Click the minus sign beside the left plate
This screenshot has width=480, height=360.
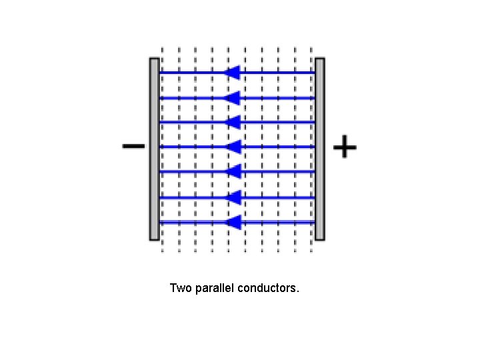point(133,146)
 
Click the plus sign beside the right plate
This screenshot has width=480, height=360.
point(344,146)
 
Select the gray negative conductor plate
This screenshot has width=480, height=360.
point(154,149)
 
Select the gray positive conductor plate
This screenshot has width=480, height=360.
point(320,149)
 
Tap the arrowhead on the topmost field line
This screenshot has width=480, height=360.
point(232,73)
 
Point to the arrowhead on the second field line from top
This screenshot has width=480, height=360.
point(232,98)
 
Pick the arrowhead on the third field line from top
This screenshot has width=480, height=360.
point(232,122)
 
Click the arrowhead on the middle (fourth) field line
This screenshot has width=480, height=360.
point(232,147)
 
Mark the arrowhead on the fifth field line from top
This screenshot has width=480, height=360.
point(232,171)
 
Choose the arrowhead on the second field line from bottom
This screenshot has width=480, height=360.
point(232,197)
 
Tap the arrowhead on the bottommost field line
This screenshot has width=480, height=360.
point(232,222)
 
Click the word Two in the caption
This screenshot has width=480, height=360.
point(181,289)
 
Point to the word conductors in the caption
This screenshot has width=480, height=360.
point(268,289)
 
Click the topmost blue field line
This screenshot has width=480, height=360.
point(280,73)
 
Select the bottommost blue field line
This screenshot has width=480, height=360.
point(280,222)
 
